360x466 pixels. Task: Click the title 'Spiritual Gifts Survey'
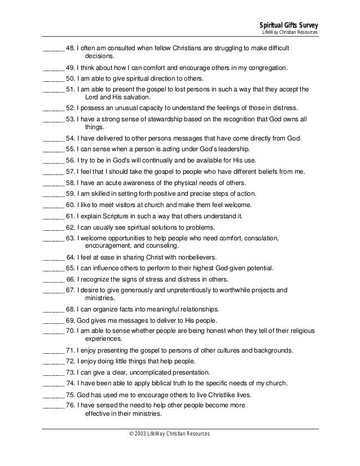[x=288, y=25]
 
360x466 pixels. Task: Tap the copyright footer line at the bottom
[x=170, y=433]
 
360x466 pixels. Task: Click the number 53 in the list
[x=71, y=120]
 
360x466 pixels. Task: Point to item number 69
[x=71, y=320]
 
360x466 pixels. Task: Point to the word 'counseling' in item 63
[x=163, y=246]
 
